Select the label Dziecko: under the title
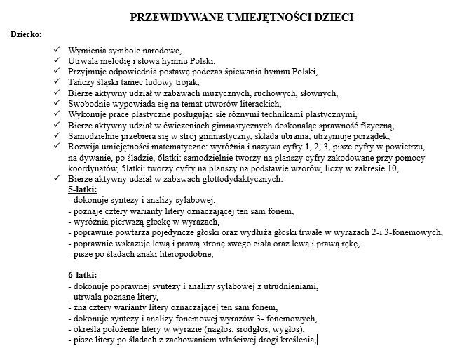[x=26, y=34]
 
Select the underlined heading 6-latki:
[x=82, y=274]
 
